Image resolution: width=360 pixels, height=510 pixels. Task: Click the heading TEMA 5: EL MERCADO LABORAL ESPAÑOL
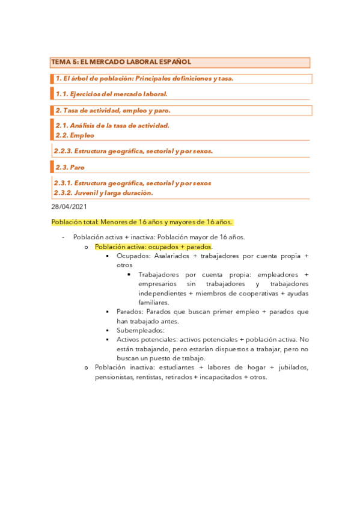click(x=121, y=62)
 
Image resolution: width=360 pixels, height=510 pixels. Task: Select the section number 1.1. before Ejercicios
click(x=61, y=94)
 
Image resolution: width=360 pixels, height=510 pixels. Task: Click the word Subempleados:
click(x=139, y=330)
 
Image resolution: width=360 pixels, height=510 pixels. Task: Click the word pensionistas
click(x=115, y=377)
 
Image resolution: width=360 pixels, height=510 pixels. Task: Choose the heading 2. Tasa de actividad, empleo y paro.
click(x=113, y=110)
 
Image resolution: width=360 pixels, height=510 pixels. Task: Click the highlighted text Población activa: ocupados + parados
click(x=153, y=247)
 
